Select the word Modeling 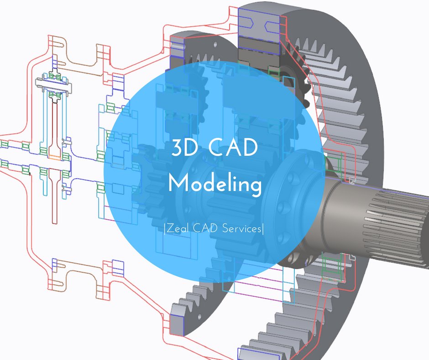[214, 184]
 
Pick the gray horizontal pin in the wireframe [54, 84]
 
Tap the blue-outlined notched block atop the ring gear [258, 25]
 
